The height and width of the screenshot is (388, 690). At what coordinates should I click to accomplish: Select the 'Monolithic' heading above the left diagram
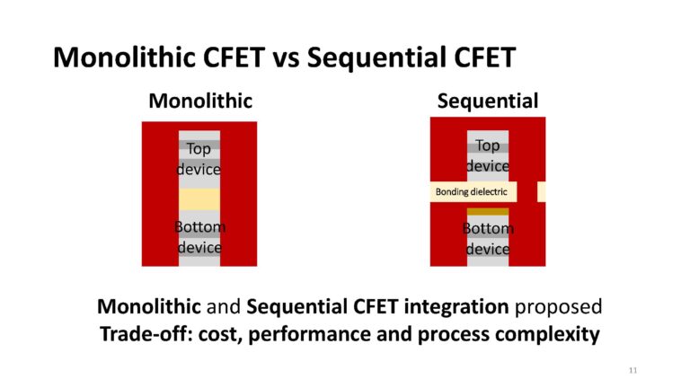point(200,101)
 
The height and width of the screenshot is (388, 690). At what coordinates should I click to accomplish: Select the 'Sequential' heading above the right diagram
point(488,101)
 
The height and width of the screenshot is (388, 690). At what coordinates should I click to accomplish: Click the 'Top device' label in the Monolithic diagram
point(199,158)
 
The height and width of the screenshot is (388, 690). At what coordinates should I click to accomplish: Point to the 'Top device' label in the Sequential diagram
point(488,155)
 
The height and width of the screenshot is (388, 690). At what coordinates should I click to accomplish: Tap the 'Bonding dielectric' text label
point(472,192)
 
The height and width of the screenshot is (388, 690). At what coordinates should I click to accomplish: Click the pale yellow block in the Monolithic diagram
point(199,199)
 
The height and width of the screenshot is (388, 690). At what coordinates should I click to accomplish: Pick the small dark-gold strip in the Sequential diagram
point(488,212)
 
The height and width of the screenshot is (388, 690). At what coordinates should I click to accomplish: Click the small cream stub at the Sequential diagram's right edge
point(541,192)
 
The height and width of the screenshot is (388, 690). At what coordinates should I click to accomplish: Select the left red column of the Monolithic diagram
point(159,193)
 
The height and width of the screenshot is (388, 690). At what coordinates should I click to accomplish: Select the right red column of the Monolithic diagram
point(238,193)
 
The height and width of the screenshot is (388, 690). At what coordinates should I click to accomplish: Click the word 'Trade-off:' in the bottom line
point(139,334)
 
